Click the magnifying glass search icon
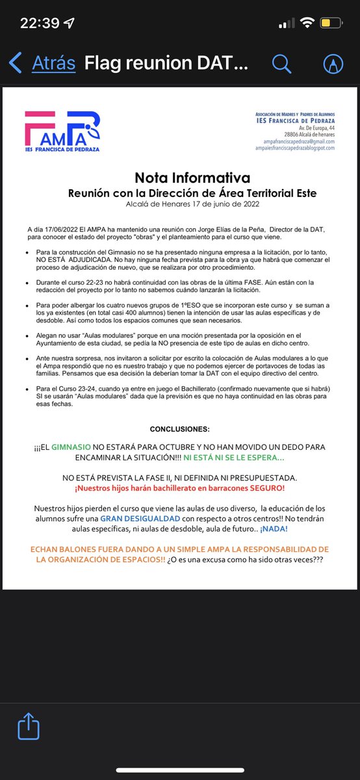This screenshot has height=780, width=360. tap(281, 63)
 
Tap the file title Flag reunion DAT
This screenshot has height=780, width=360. tap(166, 63)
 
